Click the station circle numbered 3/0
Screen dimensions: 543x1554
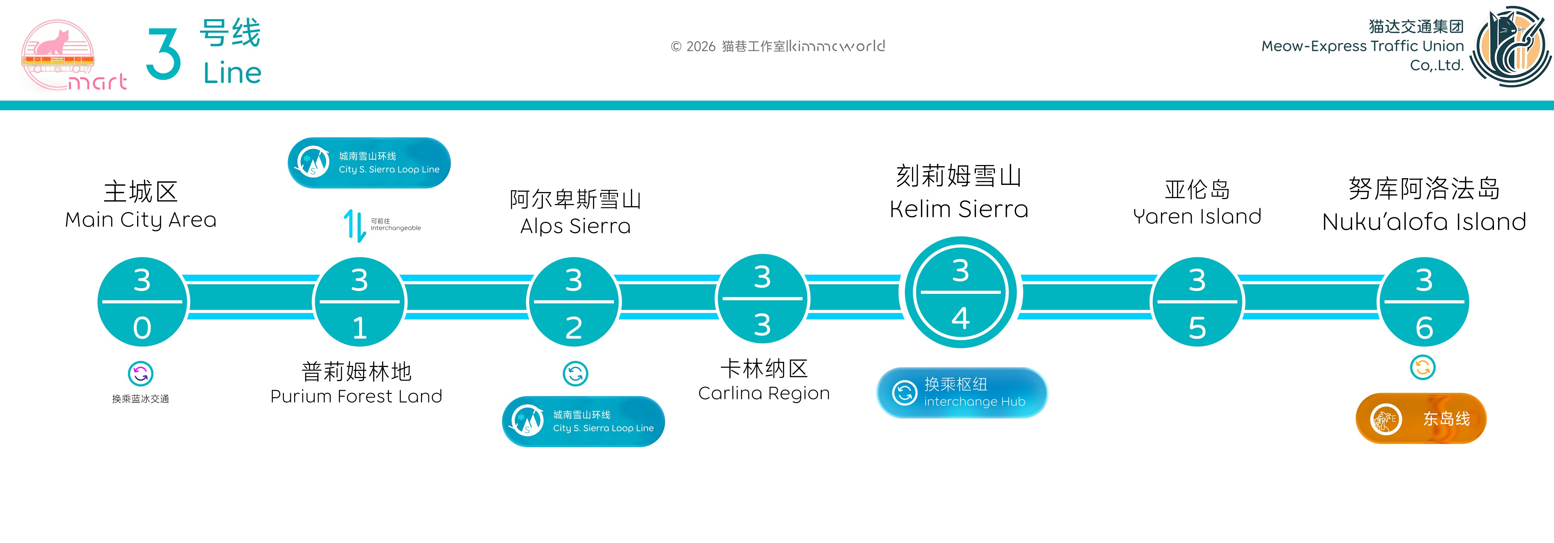(142, 302)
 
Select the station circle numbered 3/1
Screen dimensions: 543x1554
(360, 302)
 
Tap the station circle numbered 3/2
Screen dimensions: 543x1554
(574, 302)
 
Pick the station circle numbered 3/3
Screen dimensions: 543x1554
(762, 299)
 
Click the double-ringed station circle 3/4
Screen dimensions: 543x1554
(960, 293)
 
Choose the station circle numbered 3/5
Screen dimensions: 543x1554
(1197, 302)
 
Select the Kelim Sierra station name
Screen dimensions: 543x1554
(959, 192)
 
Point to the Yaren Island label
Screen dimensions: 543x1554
(1197, 203)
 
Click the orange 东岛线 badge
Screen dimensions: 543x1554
(1421, 418)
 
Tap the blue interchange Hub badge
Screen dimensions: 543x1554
(962, 392)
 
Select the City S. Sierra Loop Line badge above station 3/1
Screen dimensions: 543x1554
(369, 163)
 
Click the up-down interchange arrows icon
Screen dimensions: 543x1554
(355, 225)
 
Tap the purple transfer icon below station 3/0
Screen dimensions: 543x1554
(141, 374)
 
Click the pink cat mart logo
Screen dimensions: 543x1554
(72, 55)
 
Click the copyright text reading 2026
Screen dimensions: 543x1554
(778, 46)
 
